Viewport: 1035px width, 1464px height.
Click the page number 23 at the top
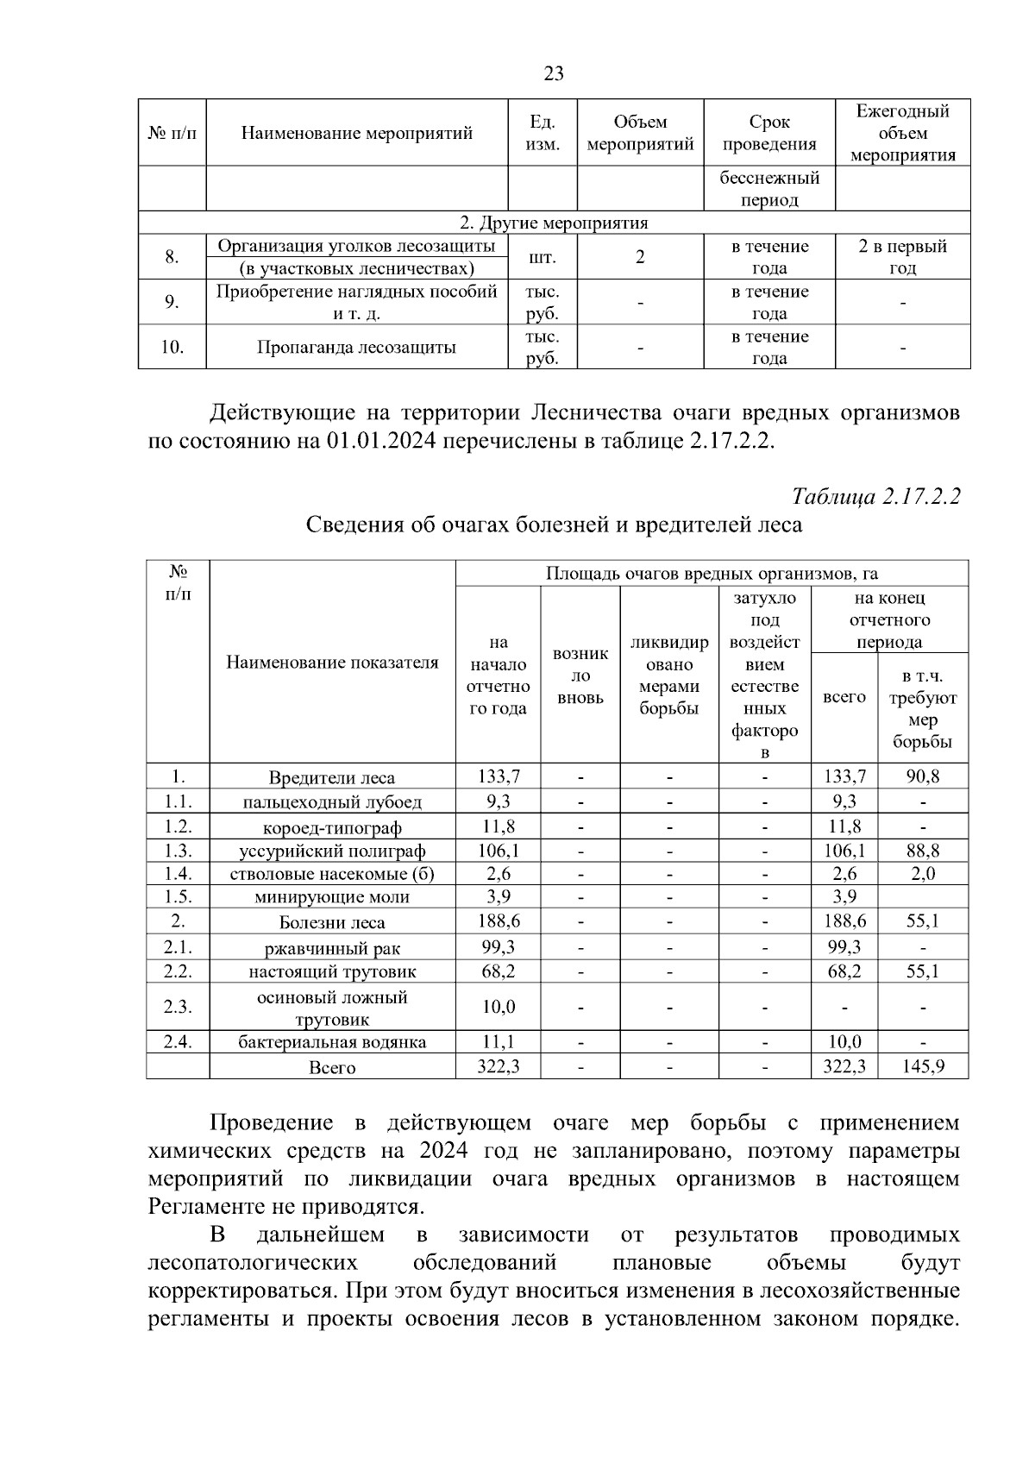point(554,73)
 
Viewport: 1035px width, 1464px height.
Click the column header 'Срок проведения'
point(769,133)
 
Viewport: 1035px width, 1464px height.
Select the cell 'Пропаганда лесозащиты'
point(356,348)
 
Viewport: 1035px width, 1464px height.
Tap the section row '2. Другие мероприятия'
point(554,223)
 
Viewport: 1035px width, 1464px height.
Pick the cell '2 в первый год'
point(902,257)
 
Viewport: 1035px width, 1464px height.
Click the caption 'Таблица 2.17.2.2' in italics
point(875,497)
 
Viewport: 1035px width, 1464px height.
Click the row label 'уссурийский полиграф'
point(332,851)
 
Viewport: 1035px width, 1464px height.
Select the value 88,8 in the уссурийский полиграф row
point(922,851)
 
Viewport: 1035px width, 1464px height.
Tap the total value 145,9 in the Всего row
point(922,1066)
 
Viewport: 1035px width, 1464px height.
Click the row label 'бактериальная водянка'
point(332,1042)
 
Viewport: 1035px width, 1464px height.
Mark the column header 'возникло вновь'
point(580,675)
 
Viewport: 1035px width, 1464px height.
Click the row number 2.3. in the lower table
point(178,1007)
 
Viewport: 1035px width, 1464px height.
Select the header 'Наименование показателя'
point(332,663)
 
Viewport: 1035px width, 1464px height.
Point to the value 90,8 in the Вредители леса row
point(922,776)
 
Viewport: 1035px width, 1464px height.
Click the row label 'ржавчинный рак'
point(332,949)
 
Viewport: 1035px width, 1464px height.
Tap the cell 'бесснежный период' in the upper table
point(769,189)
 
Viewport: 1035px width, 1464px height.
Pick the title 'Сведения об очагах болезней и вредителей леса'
point(554,525)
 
